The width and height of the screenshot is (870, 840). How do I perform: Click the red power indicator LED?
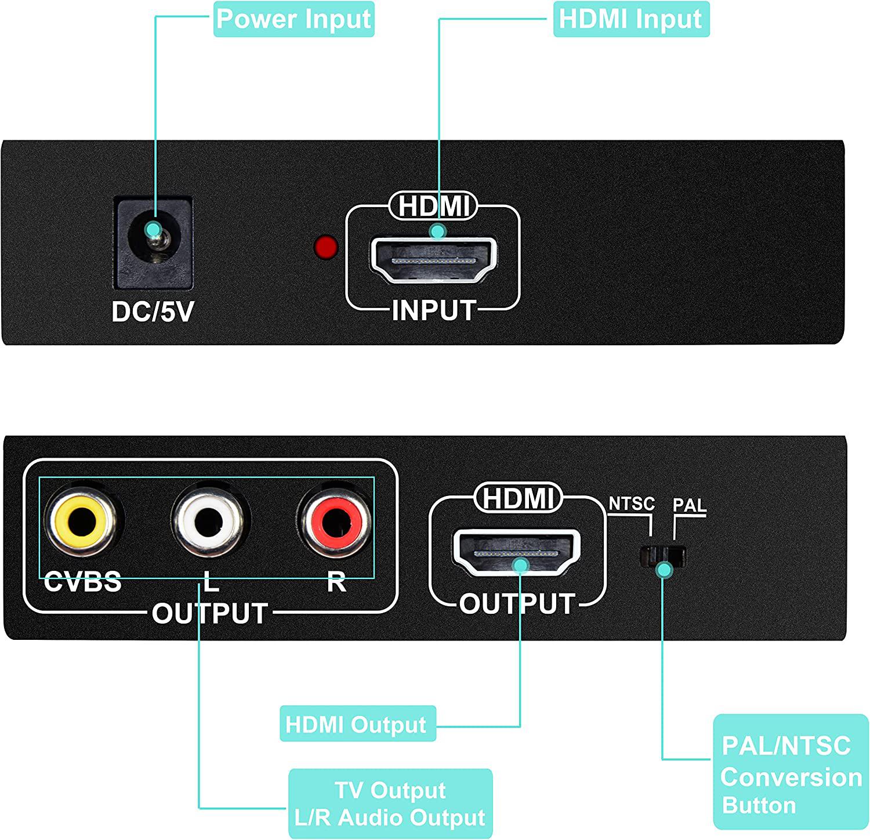point(326,247)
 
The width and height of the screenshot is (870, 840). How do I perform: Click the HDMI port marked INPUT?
point(434,259)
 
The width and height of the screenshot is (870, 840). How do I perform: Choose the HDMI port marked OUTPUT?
point(516,551)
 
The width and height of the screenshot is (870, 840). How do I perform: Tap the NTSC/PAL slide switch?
point(662,556)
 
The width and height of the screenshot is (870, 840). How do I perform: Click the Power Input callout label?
point(293,19)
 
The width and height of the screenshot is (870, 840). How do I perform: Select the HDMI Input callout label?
point(631,19)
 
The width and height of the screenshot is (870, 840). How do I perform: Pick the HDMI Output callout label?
point(357,724)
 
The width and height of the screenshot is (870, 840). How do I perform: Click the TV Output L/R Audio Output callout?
point(390,803)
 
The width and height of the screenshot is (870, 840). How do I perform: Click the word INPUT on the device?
point(434,310)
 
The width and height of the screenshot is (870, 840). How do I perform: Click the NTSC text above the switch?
point(632,504)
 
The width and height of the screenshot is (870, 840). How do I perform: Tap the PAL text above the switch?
point(690,505)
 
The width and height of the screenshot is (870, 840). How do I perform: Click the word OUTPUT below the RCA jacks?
point(209,613)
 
